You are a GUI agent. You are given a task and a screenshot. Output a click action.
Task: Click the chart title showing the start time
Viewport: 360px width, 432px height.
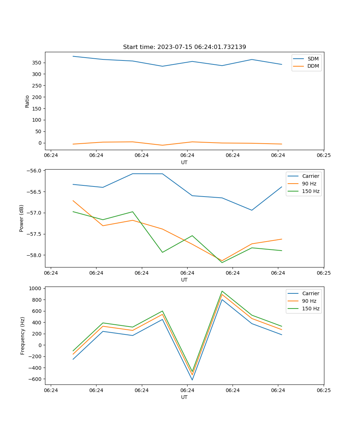[x=184, y=47]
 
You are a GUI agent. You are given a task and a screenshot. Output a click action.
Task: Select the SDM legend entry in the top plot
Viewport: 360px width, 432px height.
[x=313, y=59]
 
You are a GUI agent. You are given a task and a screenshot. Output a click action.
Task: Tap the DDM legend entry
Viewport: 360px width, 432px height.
[x=313, y=66]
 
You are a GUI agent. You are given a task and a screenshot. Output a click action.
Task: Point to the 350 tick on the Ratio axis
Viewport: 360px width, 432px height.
[x=37, y=63]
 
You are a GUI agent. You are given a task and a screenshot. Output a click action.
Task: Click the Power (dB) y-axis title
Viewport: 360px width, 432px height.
[x=22, y=218]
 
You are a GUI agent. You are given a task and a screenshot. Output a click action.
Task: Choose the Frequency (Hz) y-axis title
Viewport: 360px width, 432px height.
[x=22, y=336]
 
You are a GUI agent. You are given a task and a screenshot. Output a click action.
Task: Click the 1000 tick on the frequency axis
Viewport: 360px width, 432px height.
[x=35, y=288]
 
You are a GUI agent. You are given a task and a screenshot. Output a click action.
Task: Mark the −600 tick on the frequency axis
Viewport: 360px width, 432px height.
[x=35, y=379]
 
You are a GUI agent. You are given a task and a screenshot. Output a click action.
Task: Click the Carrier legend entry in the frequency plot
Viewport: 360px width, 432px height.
[x=310, y=293]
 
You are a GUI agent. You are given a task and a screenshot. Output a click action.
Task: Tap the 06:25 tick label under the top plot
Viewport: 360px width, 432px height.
[x=323, y=155]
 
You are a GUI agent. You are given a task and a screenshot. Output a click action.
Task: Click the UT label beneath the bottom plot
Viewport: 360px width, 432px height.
[x=184, y=397]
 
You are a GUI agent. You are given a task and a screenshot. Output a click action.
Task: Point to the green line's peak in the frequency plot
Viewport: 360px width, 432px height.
[x=222, y=291]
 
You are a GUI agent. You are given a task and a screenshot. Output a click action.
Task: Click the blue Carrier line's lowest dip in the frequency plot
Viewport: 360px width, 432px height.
[x=192, y=380]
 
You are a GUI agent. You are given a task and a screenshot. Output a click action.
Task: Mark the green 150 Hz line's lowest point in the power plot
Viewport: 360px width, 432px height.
[x=222, y=262]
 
